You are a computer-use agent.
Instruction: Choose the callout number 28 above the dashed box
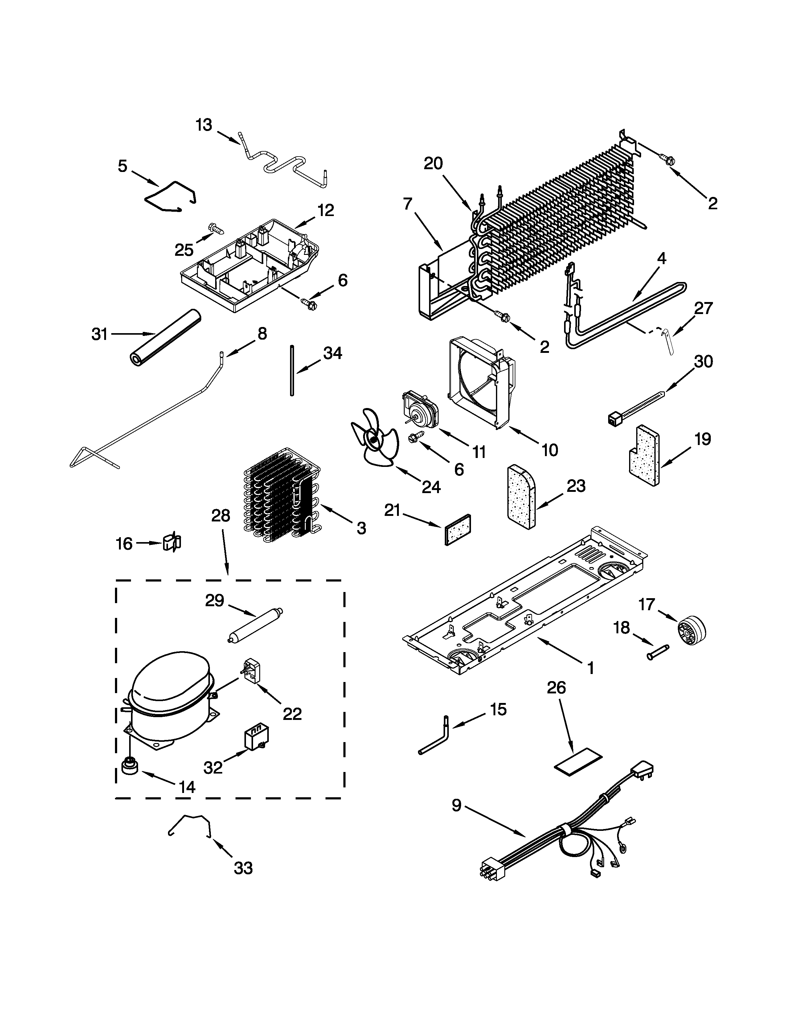221,516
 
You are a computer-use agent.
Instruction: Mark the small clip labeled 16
171,542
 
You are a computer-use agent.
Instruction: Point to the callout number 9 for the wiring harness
456,805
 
